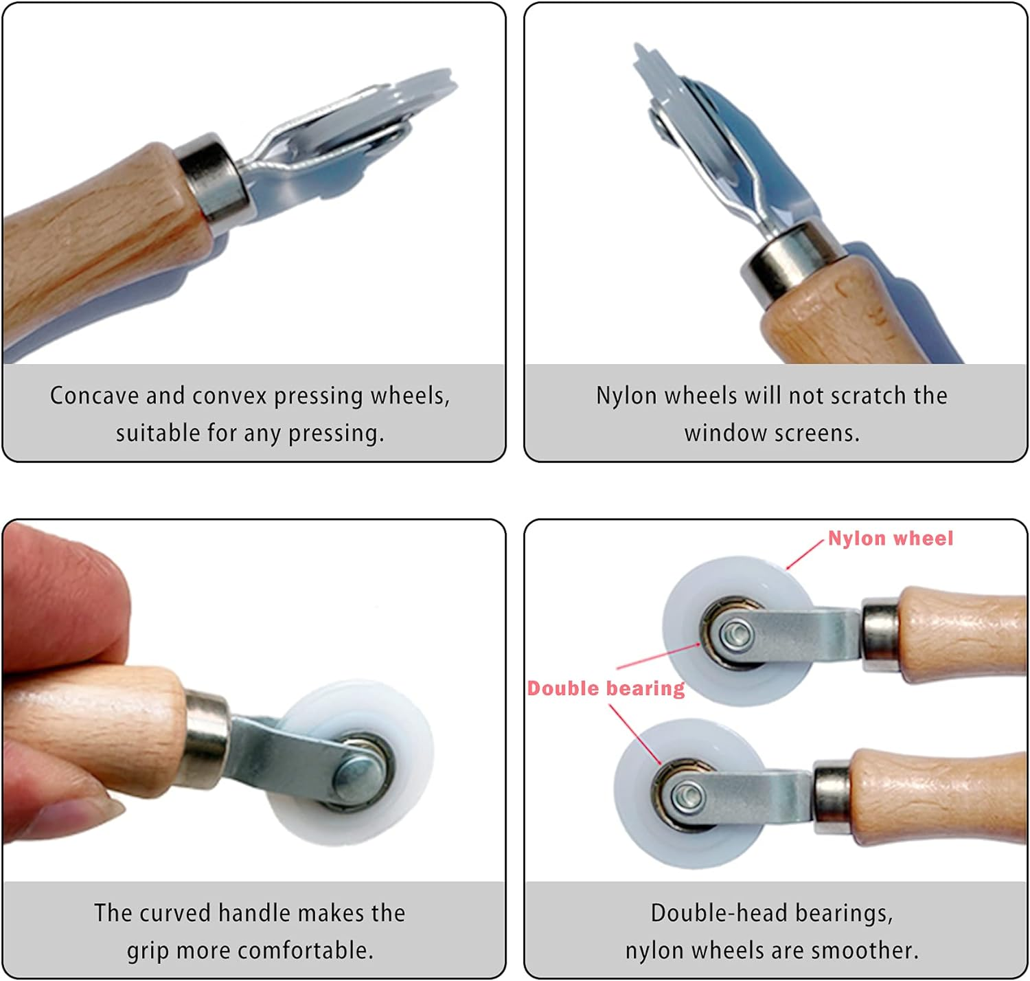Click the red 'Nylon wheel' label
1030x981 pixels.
click(x=890, y=538)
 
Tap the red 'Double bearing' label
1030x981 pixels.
click(x=606, y=688)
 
